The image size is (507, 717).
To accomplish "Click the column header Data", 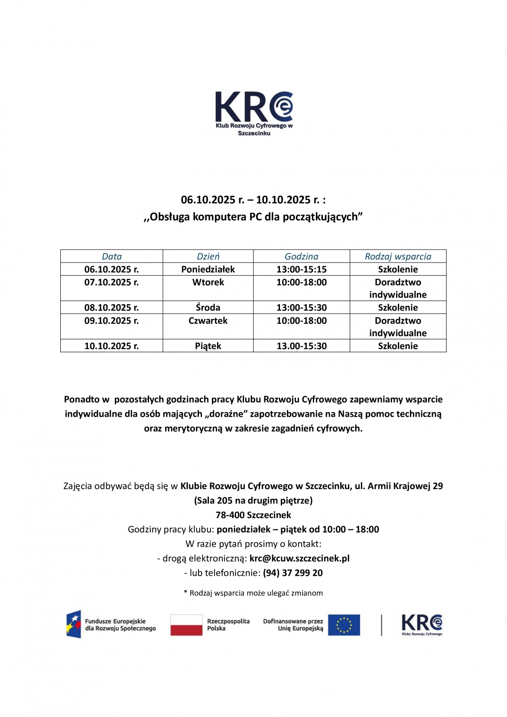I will click(x=111, y=256).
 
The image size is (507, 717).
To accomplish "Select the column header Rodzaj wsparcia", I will click(x=398, y=256).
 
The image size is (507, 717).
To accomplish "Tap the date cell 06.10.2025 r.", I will click(x=111, y=269).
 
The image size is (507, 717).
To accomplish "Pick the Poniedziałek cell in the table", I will click(x=208, y=269).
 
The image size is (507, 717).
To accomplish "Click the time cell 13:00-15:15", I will click(x=302, y=269).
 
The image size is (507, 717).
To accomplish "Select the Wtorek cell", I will click(x=208, y=282).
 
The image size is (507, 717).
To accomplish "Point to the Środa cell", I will click(x=208, y=308).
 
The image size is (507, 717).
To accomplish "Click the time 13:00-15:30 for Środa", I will click(x=302, y=308).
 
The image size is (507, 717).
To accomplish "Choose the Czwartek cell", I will click(x=208, y=321).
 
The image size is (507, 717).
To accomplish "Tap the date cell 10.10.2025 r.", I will click(x=111, y=346).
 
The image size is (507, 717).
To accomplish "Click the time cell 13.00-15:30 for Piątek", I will click(x=302, y=346).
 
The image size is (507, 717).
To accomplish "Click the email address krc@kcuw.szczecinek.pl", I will click(x=299, y=558).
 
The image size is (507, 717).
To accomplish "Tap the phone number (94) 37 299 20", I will click(x=292, y=573).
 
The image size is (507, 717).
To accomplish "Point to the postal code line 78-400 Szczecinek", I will click(x=253, y=515).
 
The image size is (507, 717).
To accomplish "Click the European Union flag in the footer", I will click(x=344, y=625).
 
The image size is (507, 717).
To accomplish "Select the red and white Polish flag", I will click(x=186, y=625).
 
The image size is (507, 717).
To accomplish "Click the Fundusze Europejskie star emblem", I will click(x=74, y=624).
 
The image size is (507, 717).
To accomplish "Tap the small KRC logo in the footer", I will click(x=422, y=625).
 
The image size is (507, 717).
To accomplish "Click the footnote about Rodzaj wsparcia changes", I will click(x=253, y=593).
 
